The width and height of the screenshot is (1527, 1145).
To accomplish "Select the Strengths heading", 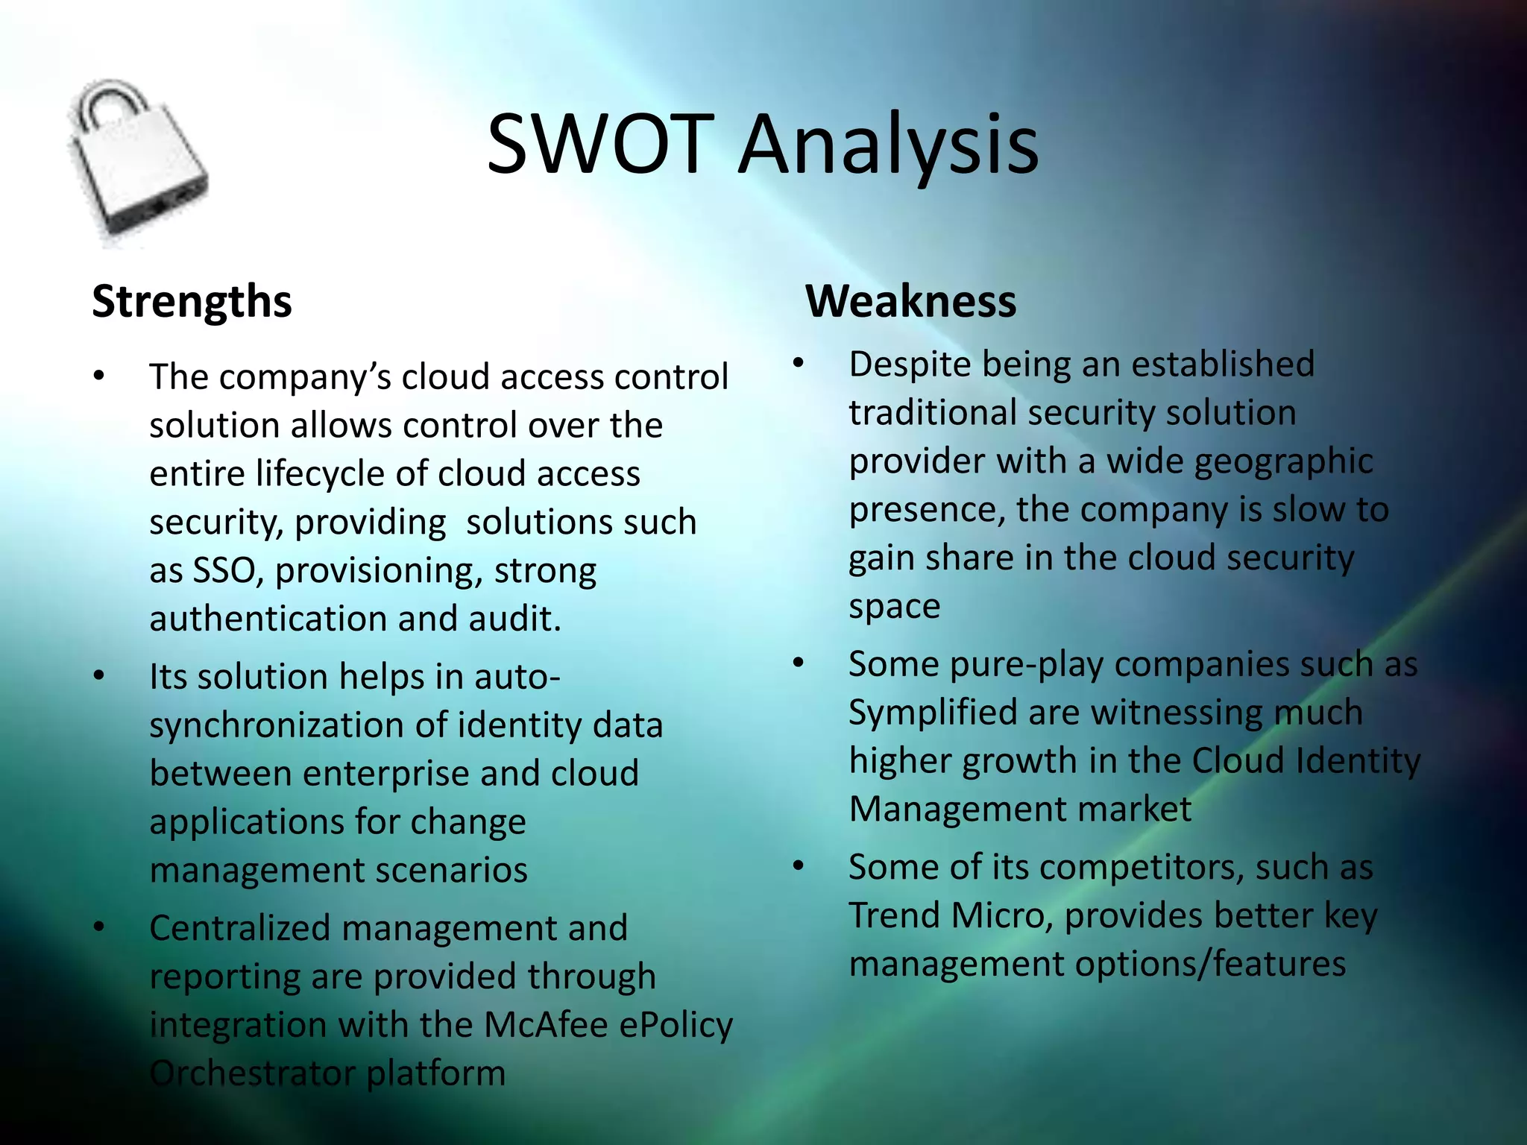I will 192,301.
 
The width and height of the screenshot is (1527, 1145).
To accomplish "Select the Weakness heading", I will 910,301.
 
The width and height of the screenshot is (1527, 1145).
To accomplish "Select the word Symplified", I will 933,713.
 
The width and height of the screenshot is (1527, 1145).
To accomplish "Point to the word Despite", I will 909,365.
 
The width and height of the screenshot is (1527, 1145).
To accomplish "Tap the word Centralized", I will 239,928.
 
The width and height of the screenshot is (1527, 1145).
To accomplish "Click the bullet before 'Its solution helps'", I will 99,676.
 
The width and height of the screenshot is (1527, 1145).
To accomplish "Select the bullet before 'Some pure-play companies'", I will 799,663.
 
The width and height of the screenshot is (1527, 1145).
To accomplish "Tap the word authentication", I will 267,619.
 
